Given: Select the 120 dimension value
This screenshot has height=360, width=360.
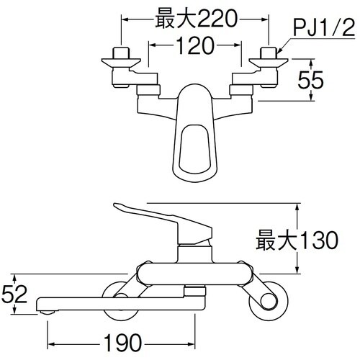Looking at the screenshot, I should point(194,48).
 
